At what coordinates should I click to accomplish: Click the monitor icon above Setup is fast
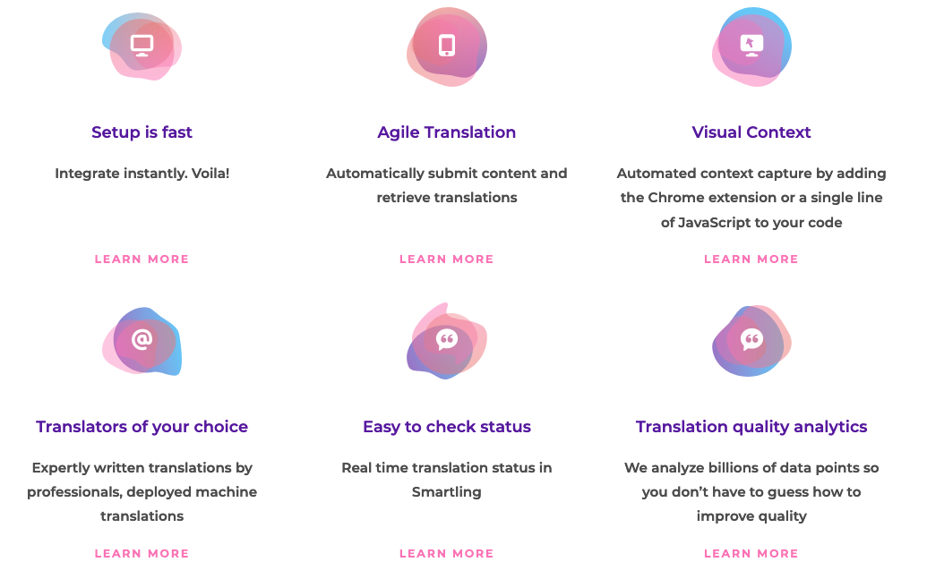[x=142, y=45]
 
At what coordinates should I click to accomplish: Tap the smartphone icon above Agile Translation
[x=447, y=45]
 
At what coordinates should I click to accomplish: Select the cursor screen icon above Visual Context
[x=751, y=44]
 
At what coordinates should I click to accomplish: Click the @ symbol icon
[x=142, y=339]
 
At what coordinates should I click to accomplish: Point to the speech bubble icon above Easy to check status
[x=447, y=339]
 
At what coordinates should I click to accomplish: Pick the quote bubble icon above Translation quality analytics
[x=751, y=339]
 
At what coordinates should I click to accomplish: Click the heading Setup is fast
[x=142, y=132]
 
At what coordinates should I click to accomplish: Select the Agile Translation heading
[x=447, y=132]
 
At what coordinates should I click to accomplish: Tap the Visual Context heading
[x=751, y=132]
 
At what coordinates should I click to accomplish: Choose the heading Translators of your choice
[x=142, y=427]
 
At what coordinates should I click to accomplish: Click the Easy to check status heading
[x=447, y=427]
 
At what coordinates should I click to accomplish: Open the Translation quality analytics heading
[x=751, y=427]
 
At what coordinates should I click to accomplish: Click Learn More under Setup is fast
[x=142, y=260]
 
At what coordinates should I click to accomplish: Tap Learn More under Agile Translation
[x=447, y=260]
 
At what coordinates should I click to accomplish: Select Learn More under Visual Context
[x=751, y=260]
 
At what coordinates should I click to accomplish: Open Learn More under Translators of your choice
[x=142, y=554]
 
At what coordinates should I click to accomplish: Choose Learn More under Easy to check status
[x=447, y=554]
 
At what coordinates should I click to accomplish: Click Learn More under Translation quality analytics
[x=751, y=554]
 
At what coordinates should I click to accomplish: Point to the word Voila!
[x=210, y=174]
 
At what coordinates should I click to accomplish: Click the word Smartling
[x=447, y=492]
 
